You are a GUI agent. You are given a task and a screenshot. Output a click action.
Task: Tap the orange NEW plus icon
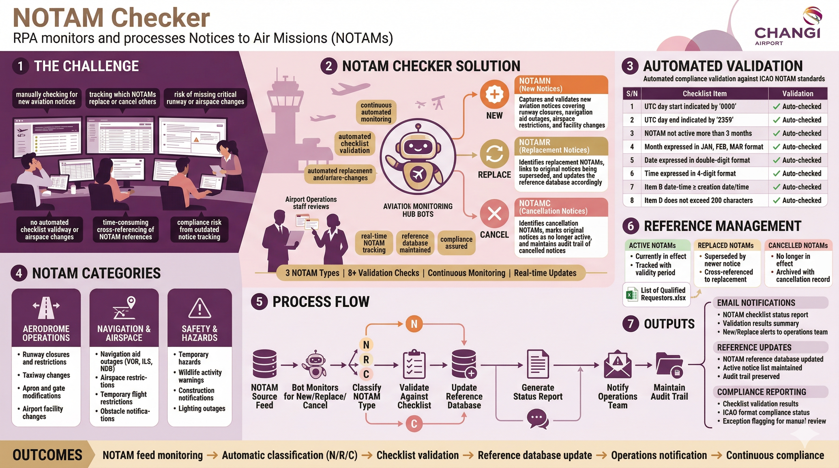tap(494, 94)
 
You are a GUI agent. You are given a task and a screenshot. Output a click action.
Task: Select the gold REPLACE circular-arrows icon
tap(494, 154)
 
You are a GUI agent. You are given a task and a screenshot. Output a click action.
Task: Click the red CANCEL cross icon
tap(494, 214)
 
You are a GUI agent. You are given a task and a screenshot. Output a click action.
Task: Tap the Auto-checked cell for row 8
tap(798, 200)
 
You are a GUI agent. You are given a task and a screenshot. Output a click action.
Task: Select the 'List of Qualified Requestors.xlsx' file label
tap(662, 294)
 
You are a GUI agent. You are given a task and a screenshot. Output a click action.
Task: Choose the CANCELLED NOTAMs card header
tap(798, 245)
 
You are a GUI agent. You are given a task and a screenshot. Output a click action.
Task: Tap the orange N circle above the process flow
tap(414, 324)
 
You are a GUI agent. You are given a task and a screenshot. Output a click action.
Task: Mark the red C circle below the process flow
tap(414, 424)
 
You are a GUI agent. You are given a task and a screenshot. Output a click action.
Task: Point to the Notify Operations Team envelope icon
tap(618, 364)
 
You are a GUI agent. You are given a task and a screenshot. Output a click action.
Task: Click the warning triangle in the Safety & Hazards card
tap(200, 308)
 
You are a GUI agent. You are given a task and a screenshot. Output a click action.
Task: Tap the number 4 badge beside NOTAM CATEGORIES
tap(19, 273)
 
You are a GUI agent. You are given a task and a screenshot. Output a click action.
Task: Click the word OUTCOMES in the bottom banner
tap(48, 455)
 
